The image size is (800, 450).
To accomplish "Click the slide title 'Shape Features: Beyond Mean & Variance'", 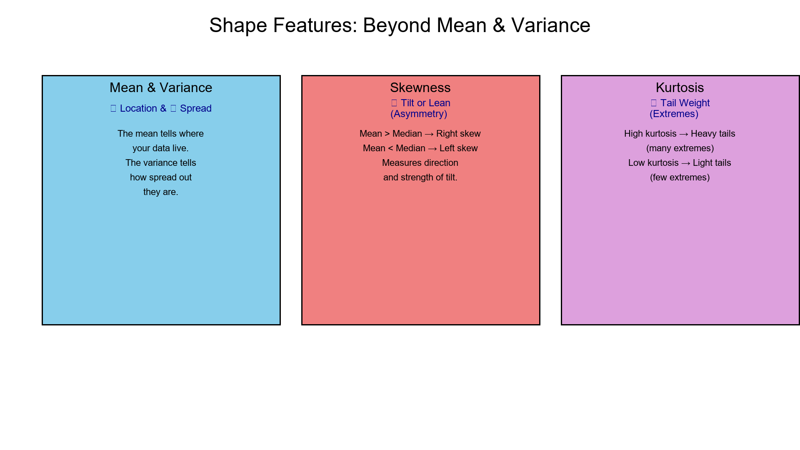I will (400, 25).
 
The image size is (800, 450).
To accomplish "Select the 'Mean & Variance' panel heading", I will (161, 87).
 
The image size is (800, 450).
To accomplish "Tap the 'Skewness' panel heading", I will (420, 87).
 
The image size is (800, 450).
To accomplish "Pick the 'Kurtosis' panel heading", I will (680, 87).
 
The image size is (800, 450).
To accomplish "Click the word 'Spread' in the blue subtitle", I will (195, 108).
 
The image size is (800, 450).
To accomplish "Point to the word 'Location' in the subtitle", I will (138, 108).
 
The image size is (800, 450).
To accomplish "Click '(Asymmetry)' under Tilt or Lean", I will (418, 114).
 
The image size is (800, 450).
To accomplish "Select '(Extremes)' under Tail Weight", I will (674, 114).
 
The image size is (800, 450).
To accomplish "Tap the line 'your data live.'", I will (160, 148).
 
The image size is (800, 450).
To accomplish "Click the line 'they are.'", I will (160, 192).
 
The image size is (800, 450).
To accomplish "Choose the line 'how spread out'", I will (160, 177).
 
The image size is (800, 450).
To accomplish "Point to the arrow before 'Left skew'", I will (432, 149).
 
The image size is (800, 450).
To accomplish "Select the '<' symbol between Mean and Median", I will (390, 148).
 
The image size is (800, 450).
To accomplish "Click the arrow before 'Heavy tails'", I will (683, 134).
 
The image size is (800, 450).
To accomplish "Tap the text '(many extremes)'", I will (680, 148).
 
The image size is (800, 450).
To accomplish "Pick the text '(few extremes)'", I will (680, 177).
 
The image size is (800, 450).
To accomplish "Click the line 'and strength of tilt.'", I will (420, 177).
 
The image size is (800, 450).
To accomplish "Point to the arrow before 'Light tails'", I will (685, 163).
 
